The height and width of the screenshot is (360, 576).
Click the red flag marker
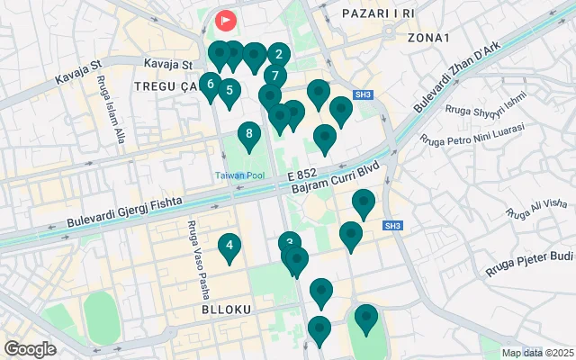coord(225,18)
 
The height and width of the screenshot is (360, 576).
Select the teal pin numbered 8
coord(249,137)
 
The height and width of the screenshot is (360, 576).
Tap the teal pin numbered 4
coord(229,246)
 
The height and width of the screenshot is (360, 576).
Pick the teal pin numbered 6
coord(210,85)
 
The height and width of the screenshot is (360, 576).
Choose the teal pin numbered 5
coord(229,91)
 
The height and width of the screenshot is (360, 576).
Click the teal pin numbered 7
coord(274,76)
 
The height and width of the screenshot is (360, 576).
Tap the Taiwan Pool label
coord(238,175)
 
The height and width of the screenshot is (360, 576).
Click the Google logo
coord(30,348)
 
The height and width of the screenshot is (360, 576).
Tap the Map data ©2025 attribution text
coord(537,353)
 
